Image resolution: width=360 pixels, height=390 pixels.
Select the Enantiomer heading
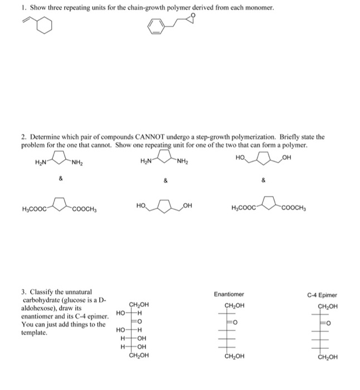pos(229,294)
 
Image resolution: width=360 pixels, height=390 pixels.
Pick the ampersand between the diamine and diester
pos(61,178)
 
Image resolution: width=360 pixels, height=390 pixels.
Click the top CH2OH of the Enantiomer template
pos(234,305)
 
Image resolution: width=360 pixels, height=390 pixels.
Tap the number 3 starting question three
pos(23,291)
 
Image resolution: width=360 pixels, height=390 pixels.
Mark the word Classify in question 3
pos(40,291)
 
